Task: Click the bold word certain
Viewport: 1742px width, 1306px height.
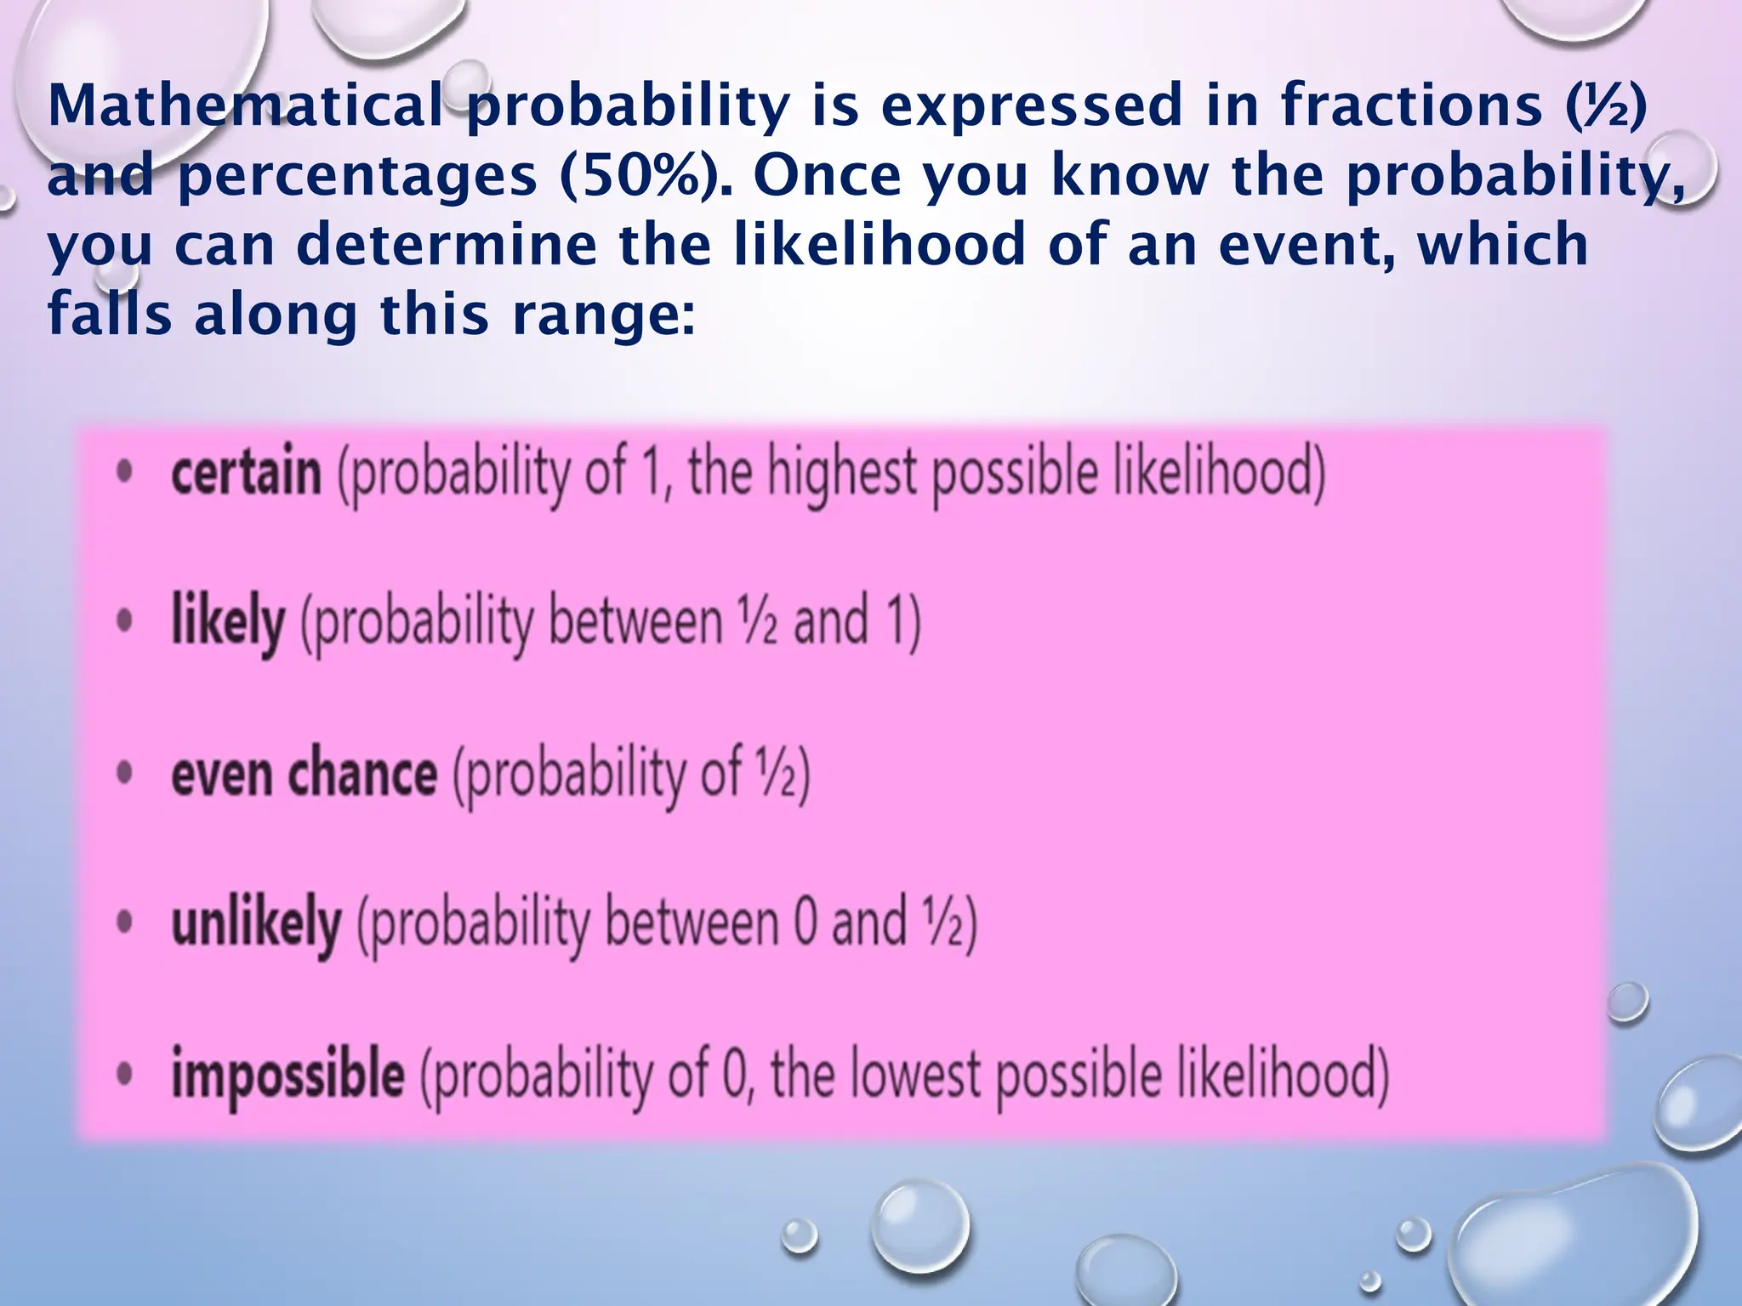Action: pos(246,473)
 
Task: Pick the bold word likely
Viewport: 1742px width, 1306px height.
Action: pos(227,622)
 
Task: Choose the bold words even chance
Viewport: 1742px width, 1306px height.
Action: pos(304,774)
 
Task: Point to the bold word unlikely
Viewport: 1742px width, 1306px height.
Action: pos(256,923)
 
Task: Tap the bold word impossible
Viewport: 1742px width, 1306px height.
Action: pos(287,1075)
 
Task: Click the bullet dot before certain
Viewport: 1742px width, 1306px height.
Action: pos(124,473)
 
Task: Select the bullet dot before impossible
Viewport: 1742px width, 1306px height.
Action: pos(124,1075)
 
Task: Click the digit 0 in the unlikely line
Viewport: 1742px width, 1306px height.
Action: pos(805,923)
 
